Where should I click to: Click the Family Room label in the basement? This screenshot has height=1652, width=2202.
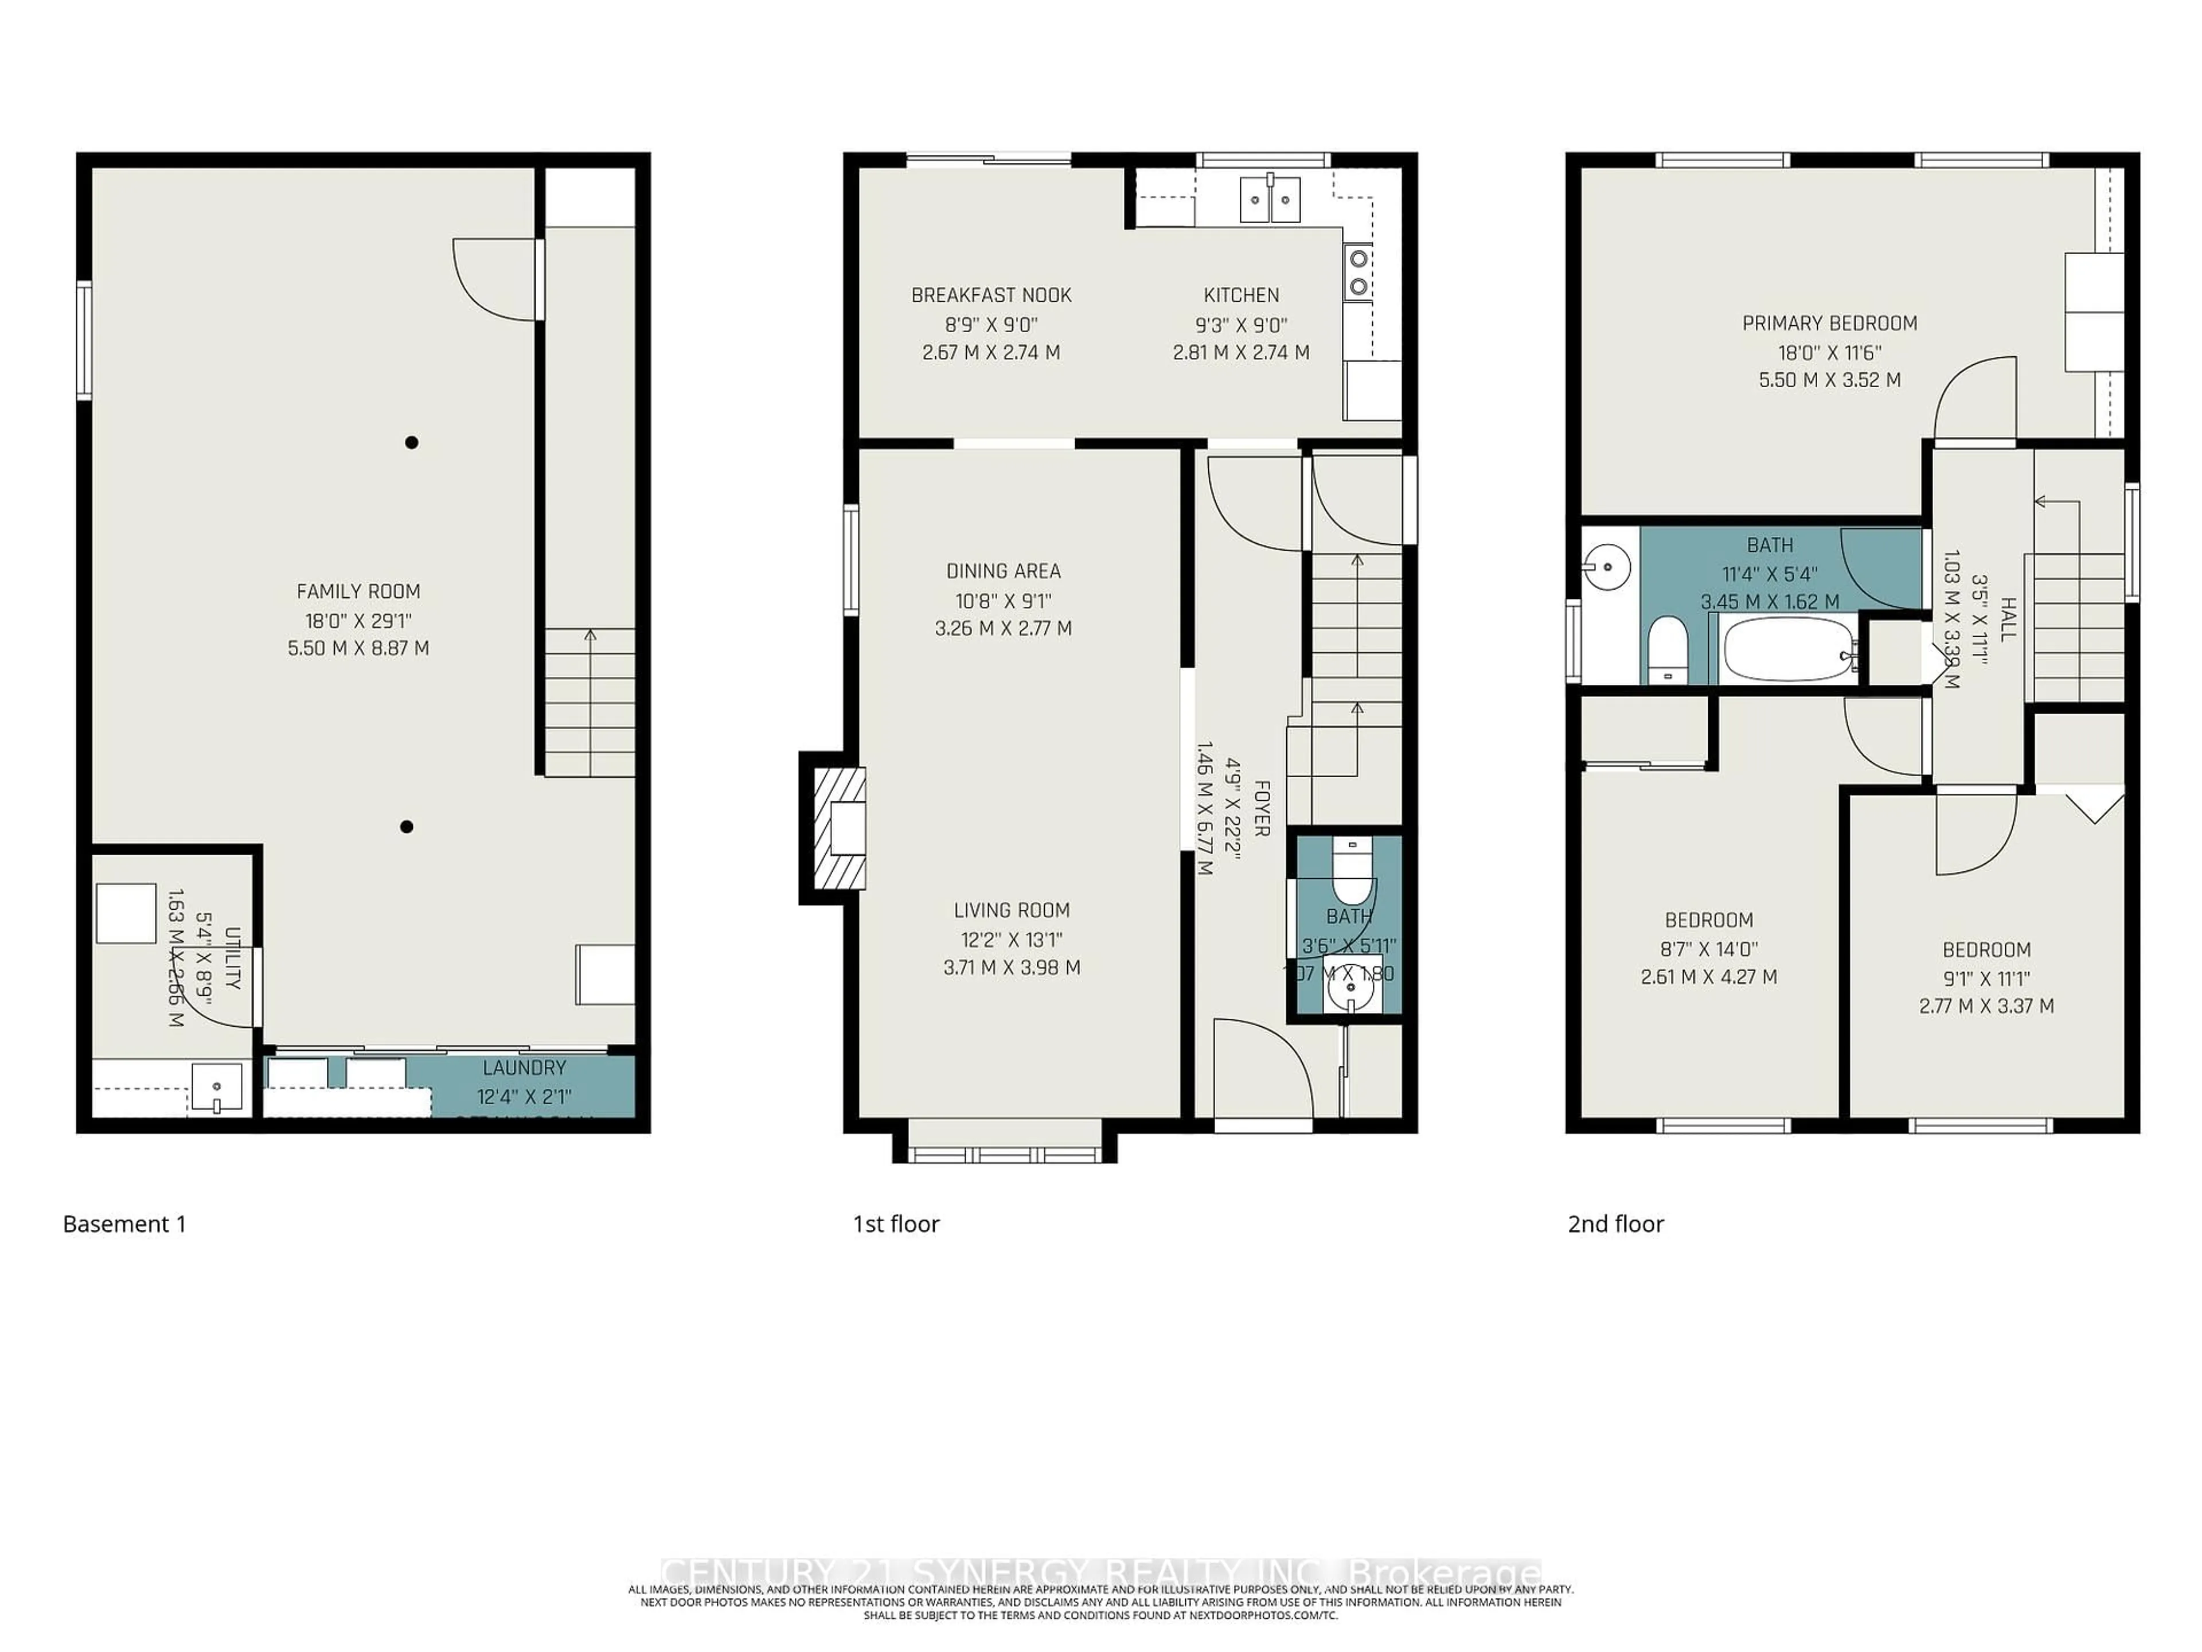tap(358, 591)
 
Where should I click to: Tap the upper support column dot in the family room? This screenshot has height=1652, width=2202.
tap(411, 442)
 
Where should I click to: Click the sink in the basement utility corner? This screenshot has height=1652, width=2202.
tap(216, 1088)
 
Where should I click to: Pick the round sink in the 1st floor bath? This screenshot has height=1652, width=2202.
tap(1349, 990)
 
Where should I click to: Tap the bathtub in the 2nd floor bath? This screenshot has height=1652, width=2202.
tap(1788, 649)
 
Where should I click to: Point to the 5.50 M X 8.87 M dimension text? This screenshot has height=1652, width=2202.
tap(358, 648)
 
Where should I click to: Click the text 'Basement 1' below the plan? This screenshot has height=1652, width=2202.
tap(124, 1224)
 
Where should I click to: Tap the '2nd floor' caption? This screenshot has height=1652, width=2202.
tap(1616, 1224)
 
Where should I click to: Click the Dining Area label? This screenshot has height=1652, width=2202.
tap(1004, 571)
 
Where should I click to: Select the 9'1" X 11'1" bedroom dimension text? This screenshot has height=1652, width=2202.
tap(1986, 979)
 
